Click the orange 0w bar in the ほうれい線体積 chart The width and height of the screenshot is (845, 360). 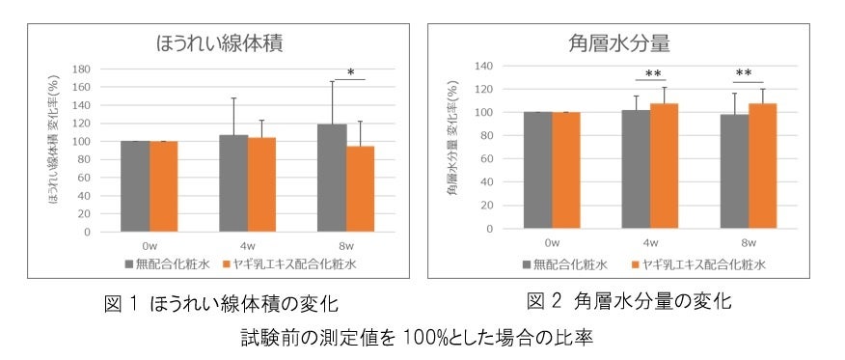163,186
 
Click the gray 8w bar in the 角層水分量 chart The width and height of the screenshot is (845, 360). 734,172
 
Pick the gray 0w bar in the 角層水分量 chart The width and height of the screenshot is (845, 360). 537,171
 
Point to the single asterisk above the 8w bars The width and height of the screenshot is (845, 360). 350,72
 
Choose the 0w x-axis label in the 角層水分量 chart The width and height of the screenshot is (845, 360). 552,243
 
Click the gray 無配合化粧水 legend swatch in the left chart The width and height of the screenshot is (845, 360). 128,263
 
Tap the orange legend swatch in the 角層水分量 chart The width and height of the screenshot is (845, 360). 636,263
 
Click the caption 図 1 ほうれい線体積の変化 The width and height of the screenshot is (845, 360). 221,304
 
